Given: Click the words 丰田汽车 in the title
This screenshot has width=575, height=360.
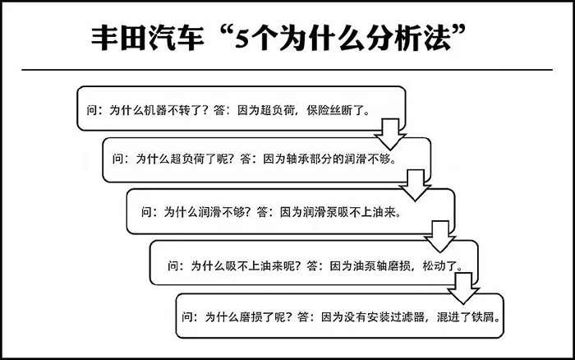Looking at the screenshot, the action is click(x=147, y=38).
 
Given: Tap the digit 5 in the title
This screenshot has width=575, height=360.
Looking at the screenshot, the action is click(x=242, y=39).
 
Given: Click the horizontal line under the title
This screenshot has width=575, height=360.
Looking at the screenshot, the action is click(x=287, y=69).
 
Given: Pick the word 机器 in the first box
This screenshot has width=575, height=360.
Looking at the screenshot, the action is click(x=156, y=110).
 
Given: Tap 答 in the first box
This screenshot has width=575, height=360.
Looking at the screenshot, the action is click(x=219, y=110).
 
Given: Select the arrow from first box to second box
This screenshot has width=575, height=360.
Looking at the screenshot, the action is click(x=390, y=134).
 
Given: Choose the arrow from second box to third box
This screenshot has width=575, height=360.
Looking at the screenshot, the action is click(x=415, y=185).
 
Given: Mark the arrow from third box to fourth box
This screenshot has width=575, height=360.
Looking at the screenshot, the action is click(x=439, y=237).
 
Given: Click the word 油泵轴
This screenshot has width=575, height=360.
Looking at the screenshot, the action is click(x=370, y=265).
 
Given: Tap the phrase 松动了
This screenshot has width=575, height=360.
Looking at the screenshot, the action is click(x=439, y=265).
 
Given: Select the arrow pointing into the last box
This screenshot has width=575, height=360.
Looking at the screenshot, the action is click(x=463, y=288).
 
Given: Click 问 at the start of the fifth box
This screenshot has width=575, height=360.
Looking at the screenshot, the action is click(x=188, y=316).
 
